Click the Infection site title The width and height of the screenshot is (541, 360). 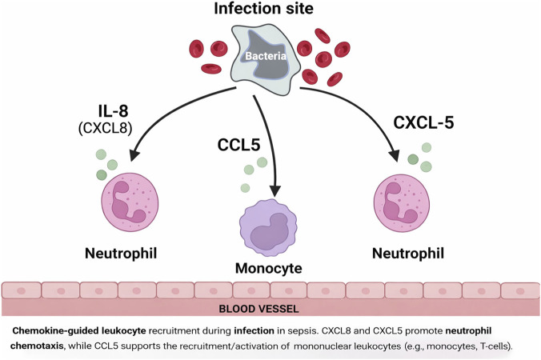tap(263, 8)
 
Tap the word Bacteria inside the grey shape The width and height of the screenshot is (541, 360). tap(266, 56)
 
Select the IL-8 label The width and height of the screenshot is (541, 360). tap(113, 111)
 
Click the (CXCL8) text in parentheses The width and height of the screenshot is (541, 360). tap(106, 128)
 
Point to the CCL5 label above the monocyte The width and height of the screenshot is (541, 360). tap(238, 145)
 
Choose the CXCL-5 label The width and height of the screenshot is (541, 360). tap(423, 122)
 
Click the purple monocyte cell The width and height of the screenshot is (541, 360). tap(268, 228)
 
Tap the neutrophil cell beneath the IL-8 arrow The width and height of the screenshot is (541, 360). tap(130, 202)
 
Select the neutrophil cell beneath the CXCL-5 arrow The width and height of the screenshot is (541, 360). tap(402, 203)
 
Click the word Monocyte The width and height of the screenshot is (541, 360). tap(269, 268)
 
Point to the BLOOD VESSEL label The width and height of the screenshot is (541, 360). tap(258, 309)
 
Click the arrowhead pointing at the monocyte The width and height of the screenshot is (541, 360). tap(275, 191)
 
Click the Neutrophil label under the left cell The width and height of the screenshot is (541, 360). tap(121, 254)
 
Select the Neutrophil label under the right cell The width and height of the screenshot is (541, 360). tap(408, 254)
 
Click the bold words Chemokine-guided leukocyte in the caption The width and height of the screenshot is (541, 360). tap(79, 331)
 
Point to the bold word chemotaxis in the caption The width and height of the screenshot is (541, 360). tap(38, 346)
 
